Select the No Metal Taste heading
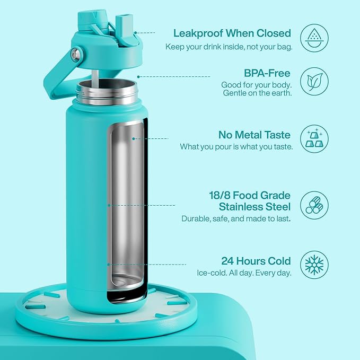(256, 135)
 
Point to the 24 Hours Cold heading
(256, 261)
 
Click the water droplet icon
(314, 37)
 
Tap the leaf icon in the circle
(314, 82)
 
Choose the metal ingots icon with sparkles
(314, 139)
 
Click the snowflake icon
(314, 265)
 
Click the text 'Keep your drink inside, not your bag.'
(229, 46)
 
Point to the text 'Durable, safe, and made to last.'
(236, 218)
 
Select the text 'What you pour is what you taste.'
(236, 147)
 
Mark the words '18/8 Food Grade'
(250, 195)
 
